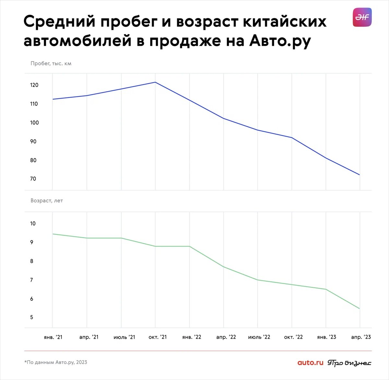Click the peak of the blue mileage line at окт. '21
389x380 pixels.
pos(155,82)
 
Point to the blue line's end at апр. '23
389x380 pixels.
pos(360,175)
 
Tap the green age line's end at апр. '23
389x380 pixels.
pos(360,309)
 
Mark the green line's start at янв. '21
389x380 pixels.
pos(53,234)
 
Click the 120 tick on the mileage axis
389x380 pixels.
pos(34,85)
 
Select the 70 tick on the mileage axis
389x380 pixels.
pos(33,179)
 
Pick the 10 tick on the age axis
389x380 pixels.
pos(33,224)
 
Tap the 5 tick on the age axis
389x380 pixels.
pos(31,317)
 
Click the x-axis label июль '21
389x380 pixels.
pos(124,337)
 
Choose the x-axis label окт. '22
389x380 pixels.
pos(293,337)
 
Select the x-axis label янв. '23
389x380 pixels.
pos(326,337)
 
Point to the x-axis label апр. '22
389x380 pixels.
pos(226,337)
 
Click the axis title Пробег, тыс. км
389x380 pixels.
pos(51,63)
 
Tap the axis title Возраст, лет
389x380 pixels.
pos(47,201)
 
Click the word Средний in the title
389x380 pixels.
pos(59,22)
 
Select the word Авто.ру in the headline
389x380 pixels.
pos(280,41)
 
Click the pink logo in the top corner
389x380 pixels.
pos(362,17)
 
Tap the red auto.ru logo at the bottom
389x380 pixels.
pos(310,362)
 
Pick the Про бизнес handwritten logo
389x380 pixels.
pos(349,363)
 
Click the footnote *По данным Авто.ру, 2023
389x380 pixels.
pos(56,362)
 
